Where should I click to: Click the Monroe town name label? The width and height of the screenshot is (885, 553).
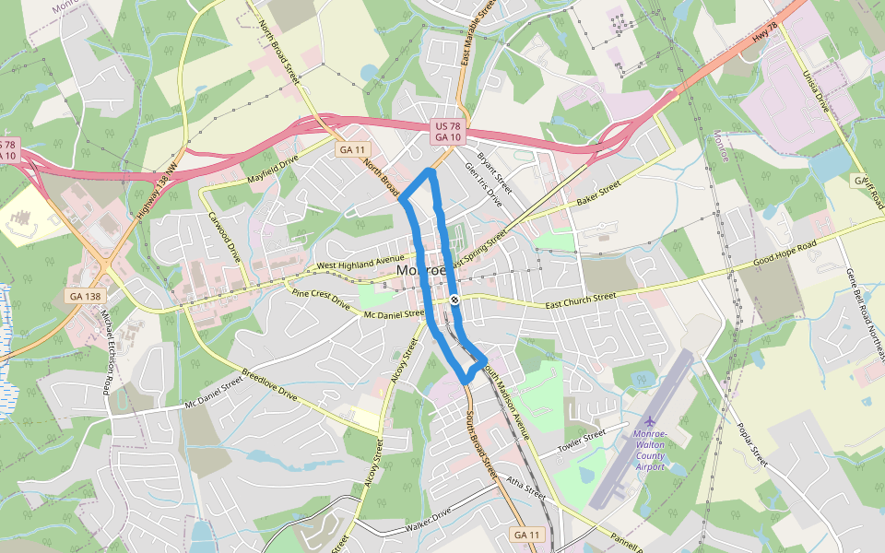[422, 272]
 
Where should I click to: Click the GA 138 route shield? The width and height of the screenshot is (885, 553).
[86, 296]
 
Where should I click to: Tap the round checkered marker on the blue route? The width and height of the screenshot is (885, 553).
[454, 300]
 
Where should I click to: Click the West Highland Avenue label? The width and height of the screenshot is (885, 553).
[361, 265]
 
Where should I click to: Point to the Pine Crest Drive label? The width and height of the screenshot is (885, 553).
[321, 299]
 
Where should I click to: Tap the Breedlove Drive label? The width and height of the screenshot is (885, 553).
[269, 385]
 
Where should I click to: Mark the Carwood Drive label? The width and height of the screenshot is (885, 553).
[224, 237]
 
